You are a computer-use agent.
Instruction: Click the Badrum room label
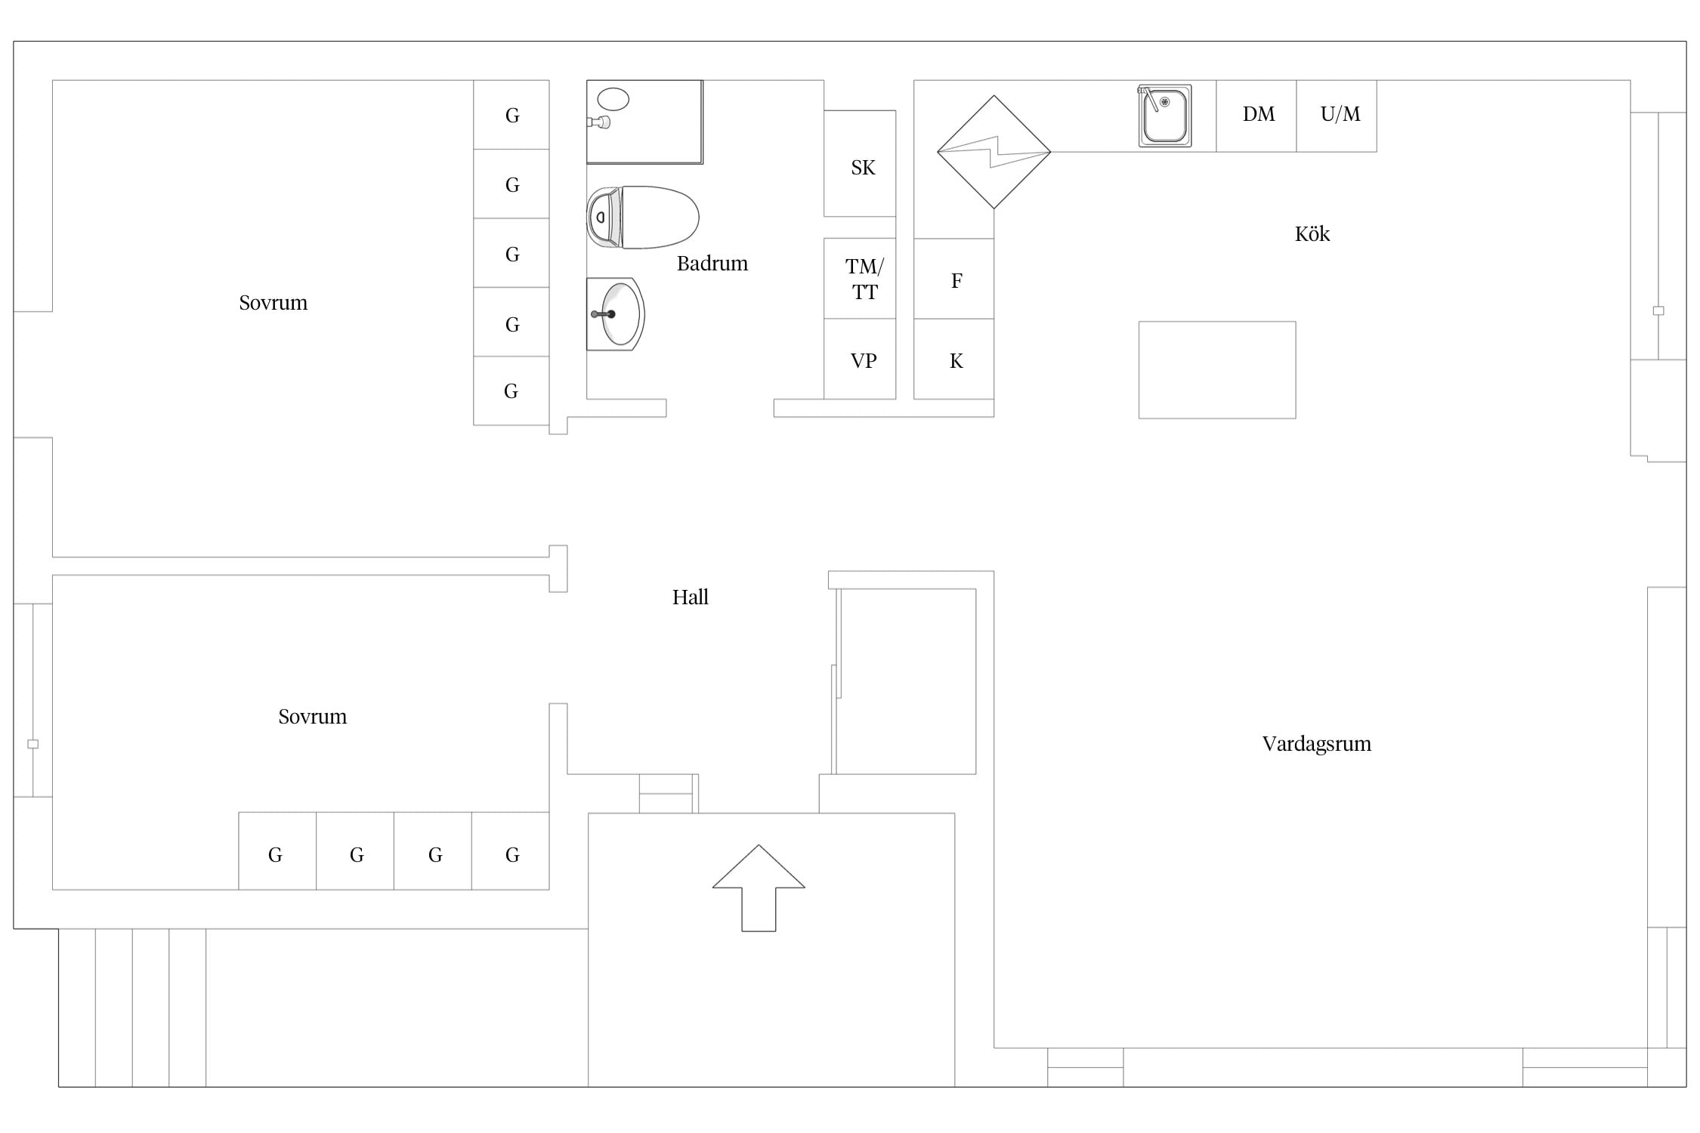712,263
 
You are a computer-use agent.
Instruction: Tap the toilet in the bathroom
643,218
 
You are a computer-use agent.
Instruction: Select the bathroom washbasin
616,314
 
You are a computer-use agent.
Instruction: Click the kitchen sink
1164,116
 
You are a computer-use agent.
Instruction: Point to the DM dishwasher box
1256,116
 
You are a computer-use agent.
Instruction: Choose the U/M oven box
1337,116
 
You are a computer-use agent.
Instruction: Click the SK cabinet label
863,168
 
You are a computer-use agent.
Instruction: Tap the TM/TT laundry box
860,279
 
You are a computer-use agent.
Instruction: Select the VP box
860,359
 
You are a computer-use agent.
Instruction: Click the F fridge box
954,279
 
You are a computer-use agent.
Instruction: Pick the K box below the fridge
954,359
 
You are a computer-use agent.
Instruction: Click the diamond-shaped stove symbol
994,152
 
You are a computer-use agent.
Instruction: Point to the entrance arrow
759,888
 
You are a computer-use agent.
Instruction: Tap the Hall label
691,597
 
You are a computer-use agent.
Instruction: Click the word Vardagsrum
1316,744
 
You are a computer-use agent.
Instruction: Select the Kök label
1312,234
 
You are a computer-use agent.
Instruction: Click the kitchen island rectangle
1217,370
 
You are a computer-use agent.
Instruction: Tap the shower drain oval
613,99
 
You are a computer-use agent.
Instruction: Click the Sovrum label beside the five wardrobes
273,303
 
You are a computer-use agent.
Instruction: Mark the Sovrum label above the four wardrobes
312,717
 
